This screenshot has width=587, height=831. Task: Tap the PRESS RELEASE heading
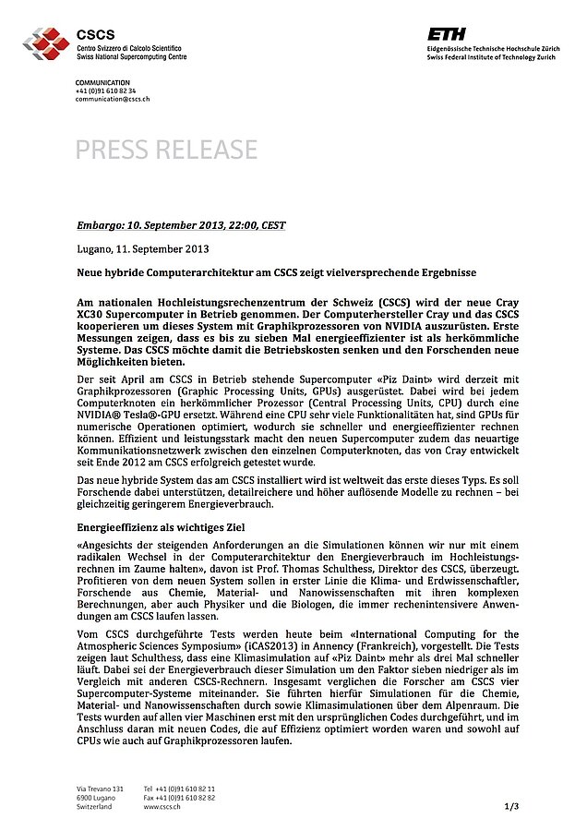click(x=167, y=149)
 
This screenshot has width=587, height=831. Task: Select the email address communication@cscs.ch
click(x=113, y=99)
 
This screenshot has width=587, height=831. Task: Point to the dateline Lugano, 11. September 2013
click(x=143, y=249)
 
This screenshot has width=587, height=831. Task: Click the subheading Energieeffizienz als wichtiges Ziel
click(x=165, y=525)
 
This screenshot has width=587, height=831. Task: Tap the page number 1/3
click(x=512, y=806)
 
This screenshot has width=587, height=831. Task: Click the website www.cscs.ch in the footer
click(x=162, y=806)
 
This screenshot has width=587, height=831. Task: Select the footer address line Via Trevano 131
click(x=100, y=788)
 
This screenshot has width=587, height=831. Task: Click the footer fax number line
click(x=180, y=797)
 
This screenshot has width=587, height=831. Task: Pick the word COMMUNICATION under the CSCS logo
click(x=102, y=83)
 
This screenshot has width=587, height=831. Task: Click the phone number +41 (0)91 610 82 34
click(x=106, y=90)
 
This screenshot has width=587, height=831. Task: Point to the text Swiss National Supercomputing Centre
click(x=131, y=56)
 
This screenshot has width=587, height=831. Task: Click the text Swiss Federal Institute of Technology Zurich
click(x=493, y=56)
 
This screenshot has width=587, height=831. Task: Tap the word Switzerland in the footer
click(x=94, y=806)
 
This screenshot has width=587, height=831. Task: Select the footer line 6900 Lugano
click(x=97, y=797)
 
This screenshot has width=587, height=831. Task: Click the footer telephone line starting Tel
click(x=180, y=788)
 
